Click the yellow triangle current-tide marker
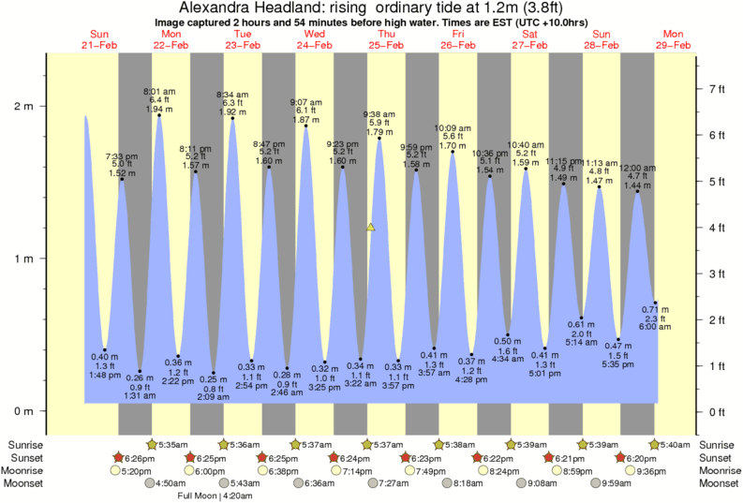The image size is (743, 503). pos(371,227)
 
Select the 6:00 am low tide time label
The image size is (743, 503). pos(656,327)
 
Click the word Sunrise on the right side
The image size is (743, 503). pos(718,444)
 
